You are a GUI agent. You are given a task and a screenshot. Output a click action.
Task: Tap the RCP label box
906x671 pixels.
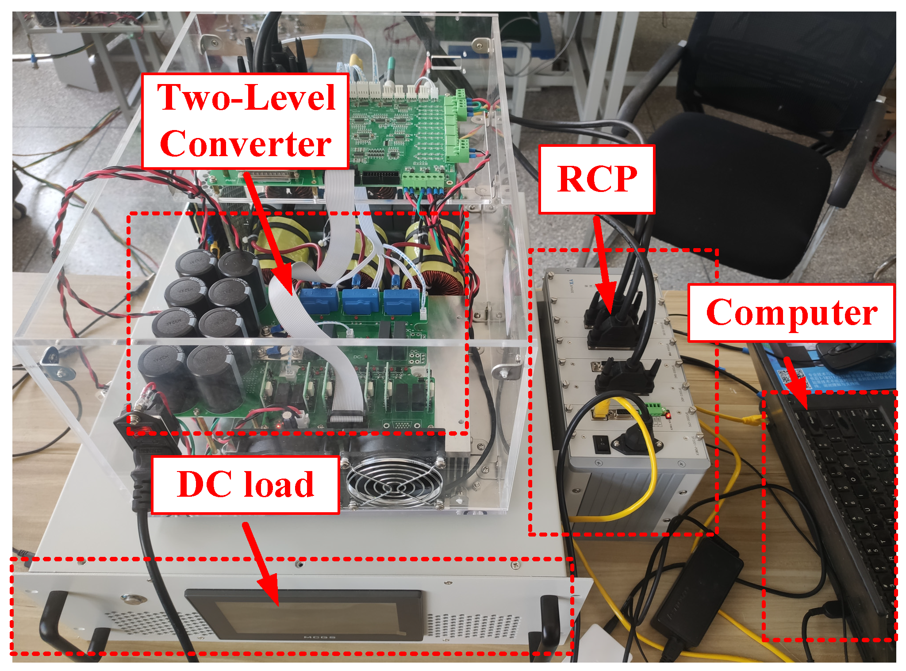coord(596,179)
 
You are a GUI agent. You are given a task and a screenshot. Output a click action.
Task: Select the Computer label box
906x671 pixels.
coord(791,313)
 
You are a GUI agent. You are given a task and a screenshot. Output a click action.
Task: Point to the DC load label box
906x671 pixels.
coord(246,485)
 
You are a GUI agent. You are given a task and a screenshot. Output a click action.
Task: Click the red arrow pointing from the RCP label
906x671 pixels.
coord(604,265)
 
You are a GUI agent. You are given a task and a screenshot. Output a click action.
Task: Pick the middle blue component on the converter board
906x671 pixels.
coord(361,301)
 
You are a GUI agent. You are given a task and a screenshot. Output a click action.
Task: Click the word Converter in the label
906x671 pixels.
coord(246,144)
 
